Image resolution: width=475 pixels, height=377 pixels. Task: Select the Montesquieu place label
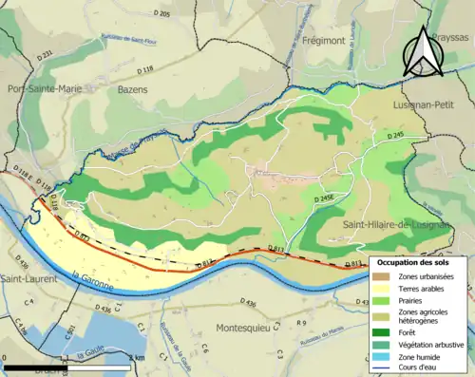click(x=253, y=326)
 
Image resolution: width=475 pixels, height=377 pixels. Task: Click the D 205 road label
click(x=161, y=14)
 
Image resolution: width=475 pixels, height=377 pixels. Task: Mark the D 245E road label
click(x=325, y=199)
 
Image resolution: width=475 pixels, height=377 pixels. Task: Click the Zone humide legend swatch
click(x=383, y=358)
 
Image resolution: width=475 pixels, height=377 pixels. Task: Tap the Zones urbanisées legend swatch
click(x=383, y=276)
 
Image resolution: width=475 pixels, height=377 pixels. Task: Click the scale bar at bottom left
click(x=66, y=367)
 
